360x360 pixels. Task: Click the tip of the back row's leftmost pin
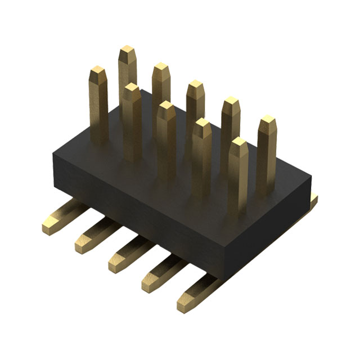tap(127, 51)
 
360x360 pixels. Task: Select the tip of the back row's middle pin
tap(196, 86)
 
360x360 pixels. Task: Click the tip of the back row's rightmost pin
tap(267, 121)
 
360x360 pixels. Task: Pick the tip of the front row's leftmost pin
tap(98, 71)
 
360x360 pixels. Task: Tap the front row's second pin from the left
tap(132, 112)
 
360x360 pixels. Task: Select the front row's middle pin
tap(166, 129)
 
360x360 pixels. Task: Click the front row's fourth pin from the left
tap(202, 146)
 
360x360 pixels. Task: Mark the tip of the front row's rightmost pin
tap(239, 143)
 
